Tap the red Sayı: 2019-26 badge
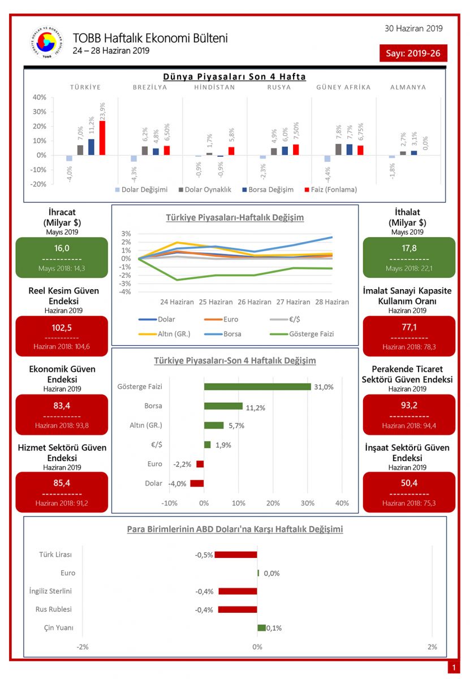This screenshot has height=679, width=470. (x=413, y=53)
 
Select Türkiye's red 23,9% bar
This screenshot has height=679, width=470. (x=102, y=137)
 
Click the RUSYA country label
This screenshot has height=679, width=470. (x=279, y=87)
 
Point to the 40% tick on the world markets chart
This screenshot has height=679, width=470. (x=38, y=97)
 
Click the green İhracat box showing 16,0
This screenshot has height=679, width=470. (x=62, y=257)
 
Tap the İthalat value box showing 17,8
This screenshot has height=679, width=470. (x=408, y=257)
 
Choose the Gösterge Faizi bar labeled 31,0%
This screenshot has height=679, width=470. (x=257, y=386)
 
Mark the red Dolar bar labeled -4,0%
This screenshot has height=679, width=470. (x=197, y=483)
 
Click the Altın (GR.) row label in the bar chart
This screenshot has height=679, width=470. (x=145, y=426)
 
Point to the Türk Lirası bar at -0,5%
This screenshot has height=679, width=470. (x=236, y=555)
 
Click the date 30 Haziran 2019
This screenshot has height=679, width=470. (x=413, y=28)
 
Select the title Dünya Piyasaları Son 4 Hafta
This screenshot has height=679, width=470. (x=234, y=76)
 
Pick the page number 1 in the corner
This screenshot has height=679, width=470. (x=454, y=668)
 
